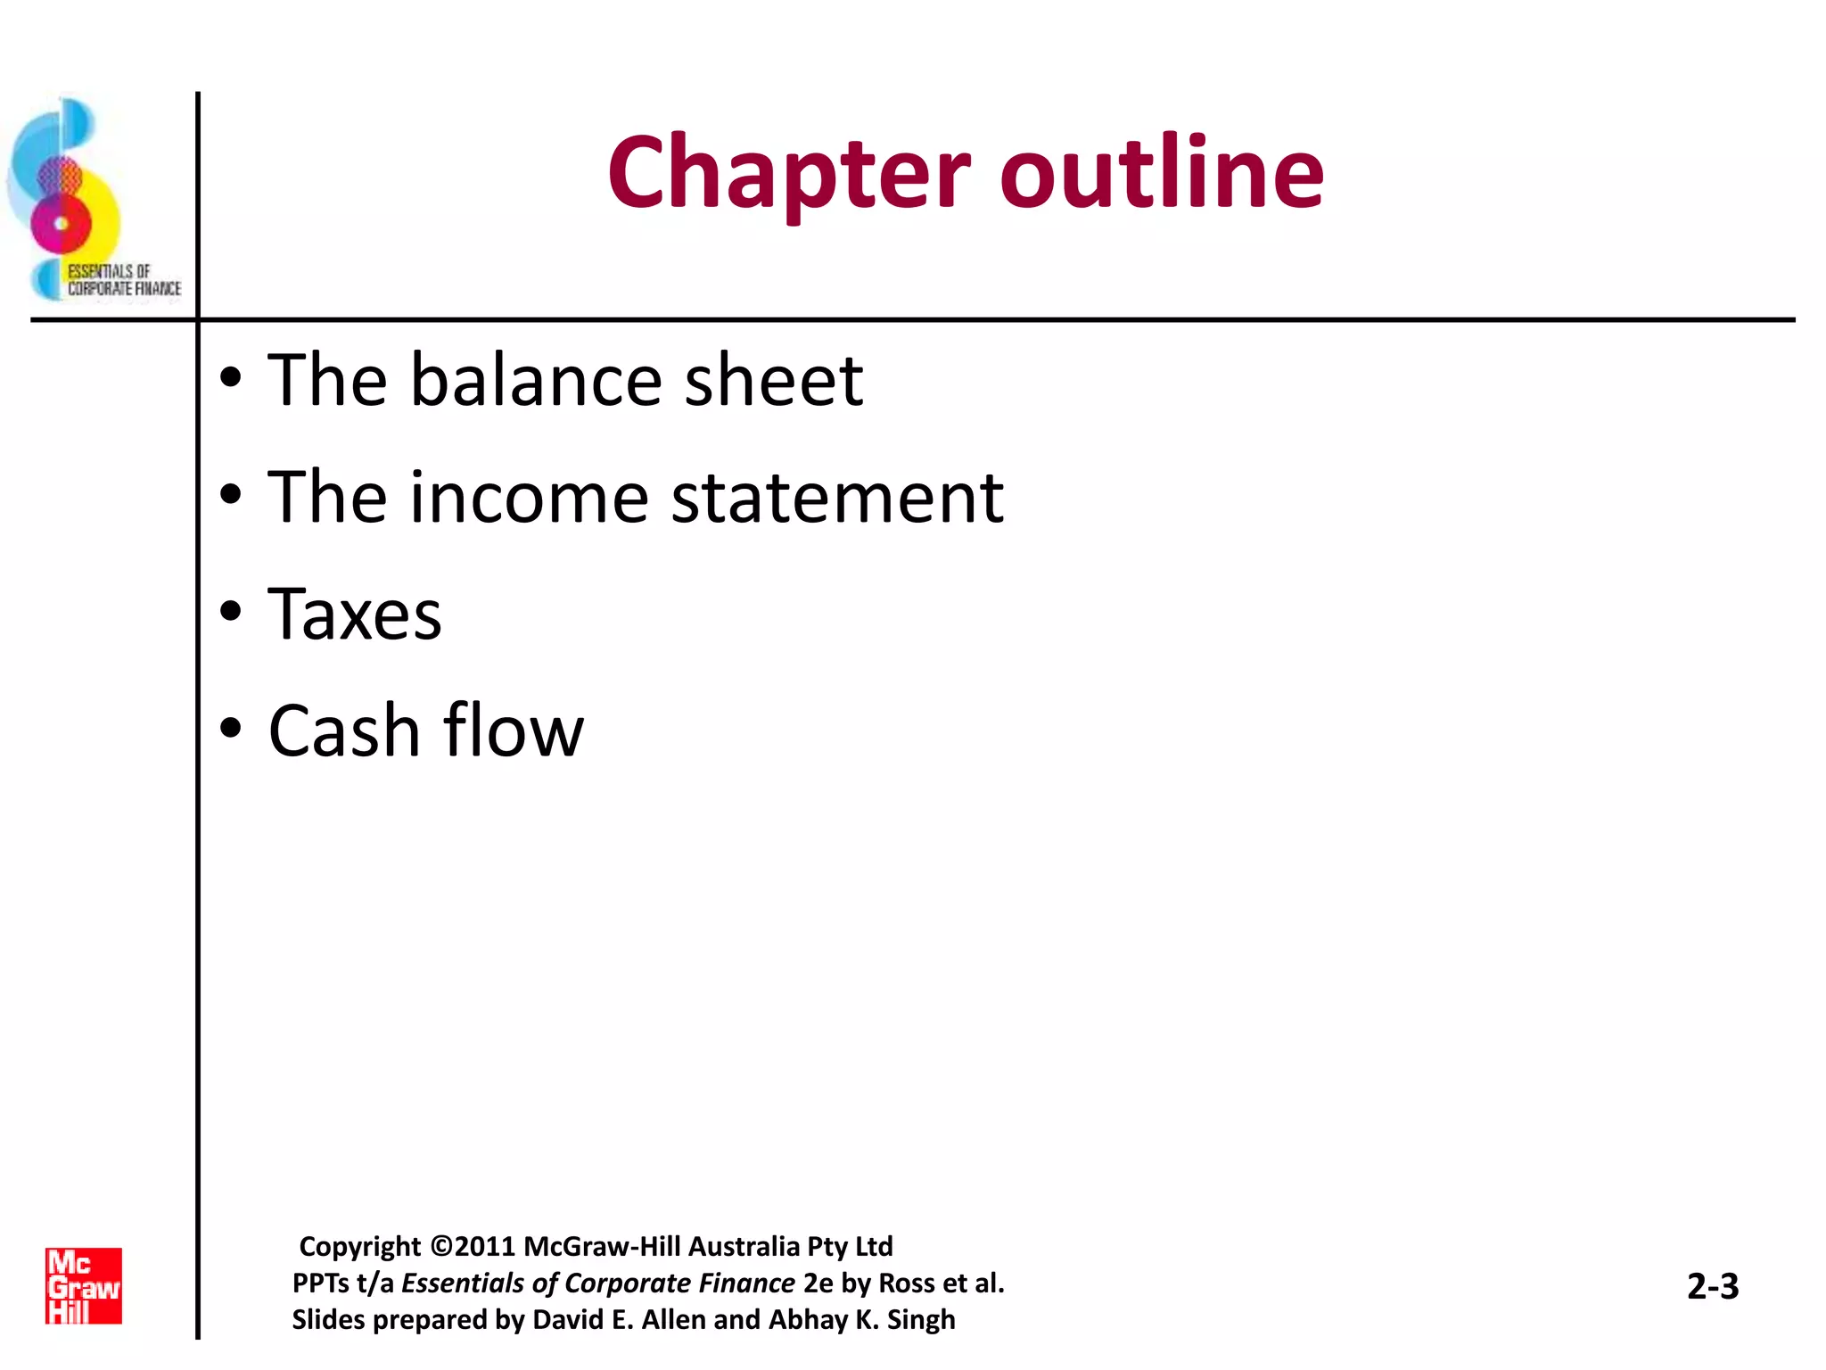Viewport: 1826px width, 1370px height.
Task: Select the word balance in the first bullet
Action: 535,381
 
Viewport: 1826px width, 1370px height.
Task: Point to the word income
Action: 529,498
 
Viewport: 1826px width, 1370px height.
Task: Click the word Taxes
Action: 355,615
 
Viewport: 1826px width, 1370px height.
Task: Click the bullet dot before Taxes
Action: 231,612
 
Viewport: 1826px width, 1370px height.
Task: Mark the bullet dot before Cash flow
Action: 231,729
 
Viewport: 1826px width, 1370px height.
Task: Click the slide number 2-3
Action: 1713,1286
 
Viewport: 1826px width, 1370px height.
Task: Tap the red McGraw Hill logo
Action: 84,1285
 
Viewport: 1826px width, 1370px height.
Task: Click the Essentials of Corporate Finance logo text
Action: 124,280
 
